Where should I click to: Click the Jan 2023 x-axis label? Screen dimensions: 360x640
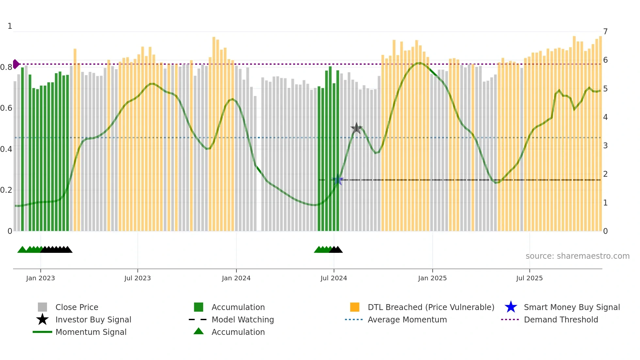click(x=40, y=278)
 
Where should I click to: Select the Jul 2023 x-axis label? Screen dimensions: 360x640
click(x=137, y=278)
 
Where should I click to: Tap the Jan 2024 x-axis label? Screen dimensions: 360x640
click(x=236, y=278)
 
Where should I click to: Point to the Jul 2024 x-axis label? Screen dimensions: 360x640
click(x=334, y=278)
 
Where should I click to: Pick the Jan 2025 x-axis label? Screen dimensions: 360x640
click(x=432, y=278)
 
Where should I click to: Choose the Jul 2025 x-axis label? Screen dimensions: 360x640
click(x=529, y=278)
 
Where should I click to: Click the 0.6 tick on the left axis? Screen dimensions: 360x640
click(x=6, y=108)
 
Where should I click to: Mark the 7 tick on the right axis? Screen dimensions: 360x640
click(x=605, y=32)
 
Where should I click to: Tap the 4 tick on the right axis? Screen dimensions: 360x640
click(x=605, y=117)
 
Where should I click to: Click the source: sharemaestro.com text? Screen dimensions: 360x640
click(x=577, y=256)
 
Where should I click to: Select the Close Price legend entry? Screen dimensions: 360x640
click(x=77, y=307)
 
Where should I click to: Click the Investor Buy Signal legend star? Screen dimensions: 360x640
click(x=42, y=319)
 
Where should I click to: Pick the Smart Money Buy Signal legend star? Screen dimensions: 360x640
click(x=511, y=307)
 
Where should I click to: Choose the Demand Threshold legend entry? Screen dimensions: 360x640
click(x=561, y=319)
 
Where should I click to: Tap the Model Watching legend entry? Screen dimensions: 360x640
click(x=243, y=319)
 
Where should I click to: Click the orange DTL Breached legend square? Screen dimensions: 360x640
click(x=355, y=307)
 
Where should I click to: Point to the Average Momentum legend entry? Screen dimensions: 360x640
click(x=407, y=319)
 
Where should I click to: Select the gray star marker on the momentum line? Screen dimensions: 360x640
click(x=357, y=128)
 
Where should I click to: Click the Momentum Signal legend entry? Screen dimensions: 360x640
click(x=91, y=332)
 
